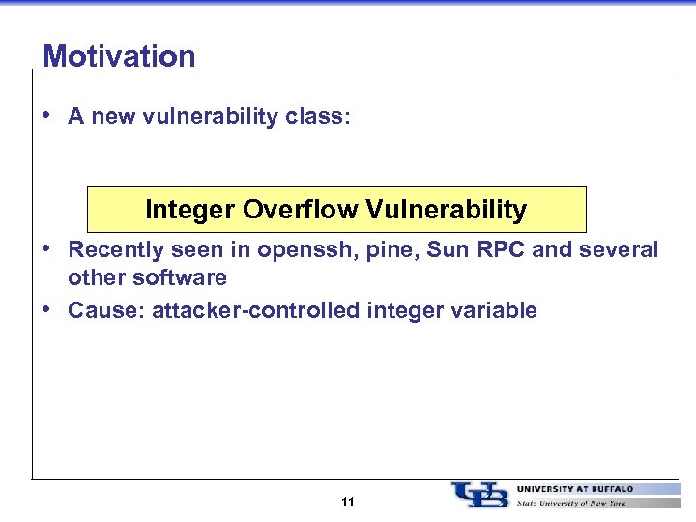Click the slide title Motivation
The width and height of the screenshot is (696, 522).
click(119, 56)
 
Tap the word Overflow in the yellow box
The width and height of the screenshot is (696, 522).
click(291, 210)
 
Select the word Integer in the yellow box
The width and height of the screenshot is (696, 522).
click(190, 210)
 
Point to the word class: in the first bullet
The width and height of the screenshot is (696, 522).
click(319, 117)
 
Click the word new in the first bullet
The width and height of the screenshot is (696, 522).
click(112, 117)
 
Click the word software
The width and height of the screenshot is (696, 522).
click(182, 277)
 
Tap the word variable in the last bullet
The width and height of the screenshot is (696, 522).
click(495, 310)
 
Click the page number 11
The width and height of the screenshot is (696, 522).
click(348, 502)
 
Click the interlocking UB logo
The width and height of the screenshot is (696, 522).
click(479, 495)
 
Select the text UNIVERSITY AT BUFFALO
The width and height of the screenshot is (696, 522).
click(575, 489)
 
